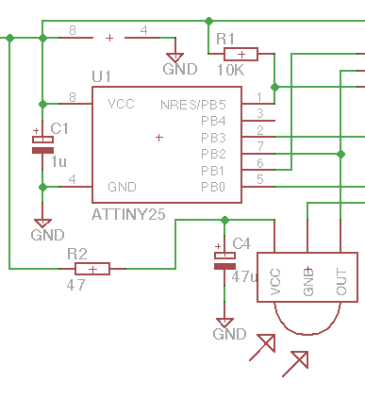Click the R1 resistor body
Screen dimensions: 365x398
coord(241,54)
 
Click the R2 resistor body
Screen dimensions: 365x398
coord(92,269)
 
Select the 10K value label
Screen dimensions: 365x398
coord(230,71)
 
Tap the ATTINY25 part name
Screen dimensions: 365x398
coord(128,214)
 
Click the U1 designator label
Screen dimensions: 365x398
coord(101,76)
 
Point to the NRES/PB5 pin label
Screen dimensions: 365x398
coord(193,105)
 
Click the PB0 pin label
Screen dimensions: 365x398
coord(213,187)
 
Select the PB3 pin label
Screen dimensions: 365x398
coord(213,138)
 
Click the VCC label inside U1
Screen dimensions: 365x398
coord(121,104)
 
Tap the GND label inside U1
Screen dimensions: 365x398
coord(122,187)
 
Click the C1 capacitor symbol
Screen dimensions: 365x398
coord(42,144)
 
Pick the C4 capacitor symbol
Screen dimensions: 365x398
coord(224,260)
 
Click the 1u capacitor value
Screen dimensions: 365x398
coord(58,162)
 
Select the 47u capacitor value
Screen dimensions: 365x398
coord(244,276)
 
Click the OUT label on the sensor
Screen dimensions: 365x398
coord(341,282)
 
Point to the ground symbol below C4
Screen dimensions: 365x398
coord(224,323)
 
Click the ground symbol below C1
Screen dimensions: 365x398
coord(42,224)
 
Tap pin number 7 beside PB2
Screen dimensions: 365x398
coord(260,146)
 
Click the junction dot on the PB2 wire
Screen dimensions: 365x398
coord(340,154)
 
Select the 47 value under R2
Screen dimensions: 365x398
coord(75,286)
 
